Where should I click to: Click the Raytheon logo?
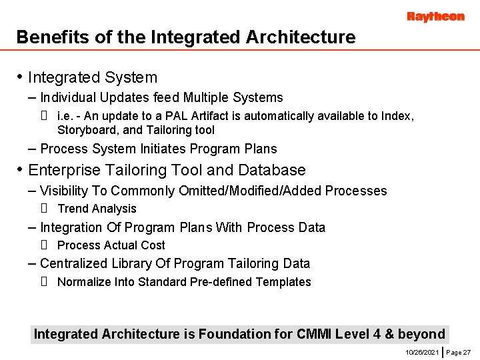click(435, 17)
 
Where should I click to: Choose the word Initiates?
click(167, 149)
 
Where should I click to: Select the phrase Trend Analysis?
click(97, 209)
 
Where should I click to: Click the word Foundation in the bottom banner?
click(231, 334)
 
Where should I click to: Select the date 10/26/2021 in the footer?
click(422, 351)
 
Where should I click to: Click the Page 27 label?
click(459, 351)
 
